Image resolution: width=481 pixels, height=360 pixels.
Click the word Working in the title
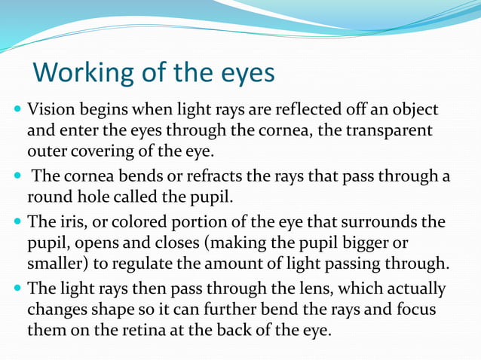(x=81, y=73)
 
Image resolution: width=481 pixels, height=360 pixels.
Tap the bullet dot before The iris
(x=17, y=224)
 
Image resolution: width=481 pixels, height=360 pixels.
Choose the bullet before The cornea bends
(x=17, y=178)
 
